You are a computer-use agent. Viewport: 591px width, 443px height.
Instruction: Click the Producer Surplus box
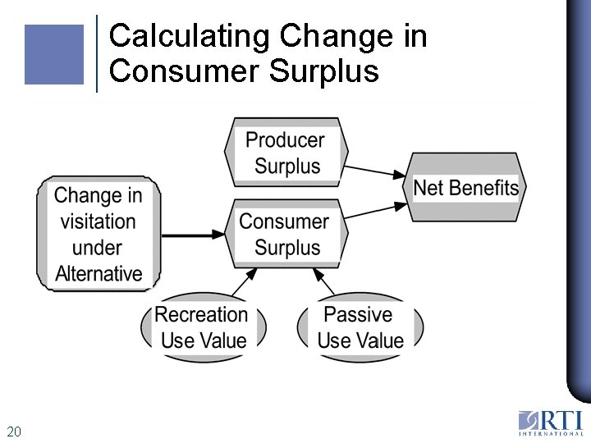(286, 153)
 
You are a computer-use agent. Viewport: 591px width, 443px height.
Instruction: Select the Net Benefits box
(465, 187)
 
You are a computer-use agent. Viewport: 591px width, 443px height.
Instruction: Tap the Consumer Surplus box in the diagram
(286, 234)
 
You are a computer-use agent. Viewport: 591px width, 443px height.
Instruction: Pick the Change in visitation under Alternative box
(98, 234)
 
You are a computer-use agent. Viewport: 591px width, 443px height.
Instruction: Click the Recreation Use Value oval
(202, 327)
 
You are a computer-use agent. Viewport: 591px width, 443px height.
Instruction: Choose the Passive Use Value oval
(360, 327)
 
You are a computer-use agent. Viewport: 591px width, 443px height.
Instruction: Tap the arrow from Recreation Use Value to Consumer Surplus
(241, 284)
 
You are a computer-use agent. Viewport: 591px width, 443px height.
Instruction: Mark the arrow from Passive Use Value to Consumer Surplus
(326, 284)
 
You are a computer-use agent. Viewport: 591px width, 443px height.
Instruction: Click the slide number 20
(13, 432)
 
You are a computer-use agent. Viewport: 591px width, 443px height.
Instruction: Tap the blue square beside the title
(54, 54)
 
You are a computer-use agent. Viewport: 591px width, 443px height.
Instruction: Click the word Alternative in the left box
(98, 274)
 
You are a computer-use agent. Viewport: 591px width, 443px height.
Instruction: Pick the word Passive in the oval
(358, 314)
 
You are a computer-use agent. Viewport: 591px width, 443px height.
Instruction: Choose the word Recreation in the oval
(201, 314)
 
